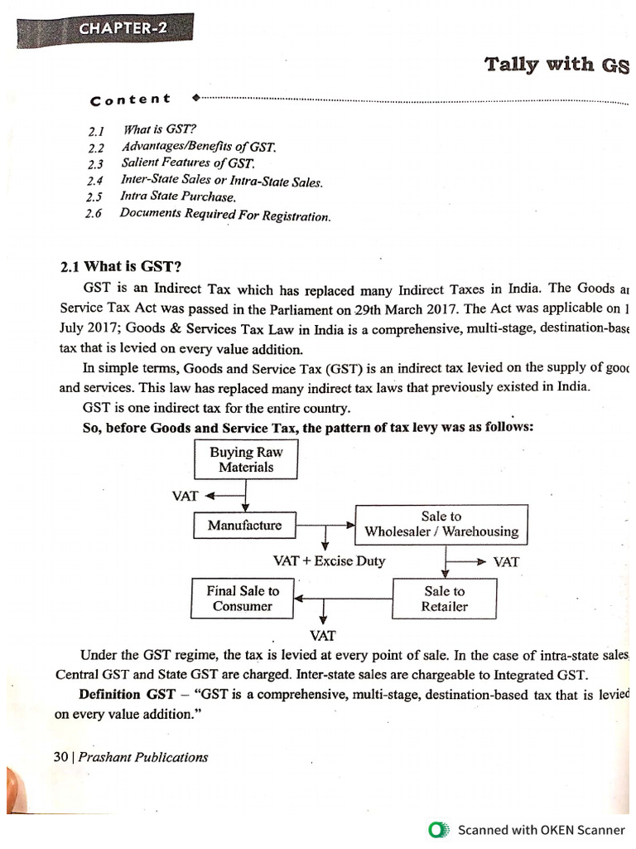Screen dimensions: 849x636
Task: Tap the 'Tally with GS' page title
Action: tap(556, 65)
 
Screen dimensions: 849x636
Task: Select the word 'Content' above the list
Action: tap(130, 99)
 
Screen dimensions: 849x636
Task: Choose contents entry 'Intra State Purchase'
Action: tap(177, 197)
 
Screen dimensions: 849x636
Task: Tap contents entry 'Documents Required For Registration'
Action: tap(225, 215)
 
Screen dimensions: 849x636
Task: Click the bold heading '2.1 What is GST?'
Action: tap(120, 266)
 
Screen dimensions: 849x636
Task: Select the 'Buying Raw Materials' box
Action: tap(246, 459)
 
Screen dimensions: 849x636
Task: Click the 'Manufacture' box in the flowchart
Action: tap(244, 525)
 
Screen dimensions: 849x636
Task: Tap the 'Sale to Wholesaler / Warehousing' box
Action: tap(441, 524)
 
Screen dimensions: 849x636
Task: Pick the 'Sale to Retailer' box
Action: tap(445, 599)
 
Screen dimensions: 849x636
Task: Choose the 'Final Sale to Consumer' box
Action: tap(243, 598)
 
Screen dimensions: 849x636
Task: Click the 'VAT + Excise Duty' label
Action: tap(329, 560)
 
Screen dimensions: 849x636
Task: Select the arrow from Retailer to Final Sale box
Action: tap(344, 598)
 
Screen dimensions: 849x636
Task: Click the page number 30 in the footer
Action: tap(60, 756)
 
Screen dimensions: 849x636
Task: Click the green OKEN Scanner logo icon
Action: tap(438, 829)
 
